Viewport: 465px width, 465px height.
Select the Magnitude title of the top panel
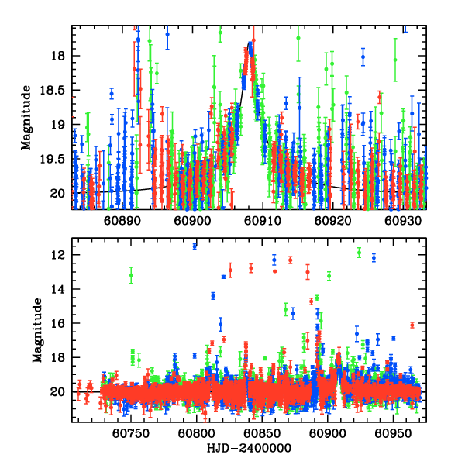coord(27,118)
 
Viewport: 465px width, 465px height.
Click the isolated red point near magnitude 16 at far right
coord(412,325)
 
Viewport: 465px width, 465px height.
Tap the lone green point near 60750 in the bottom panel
coord(131,275)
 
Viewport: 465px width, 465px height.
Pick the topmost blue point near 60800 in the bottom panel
coord(195,246)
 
